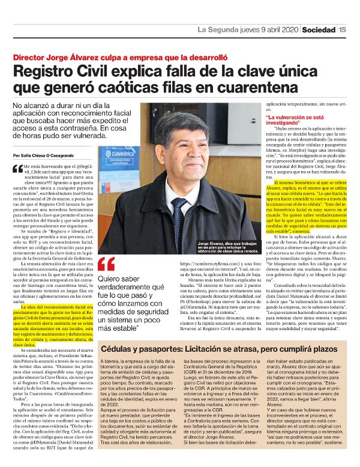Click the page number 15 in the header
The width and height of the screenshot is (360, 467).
[x=342, y=29]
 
